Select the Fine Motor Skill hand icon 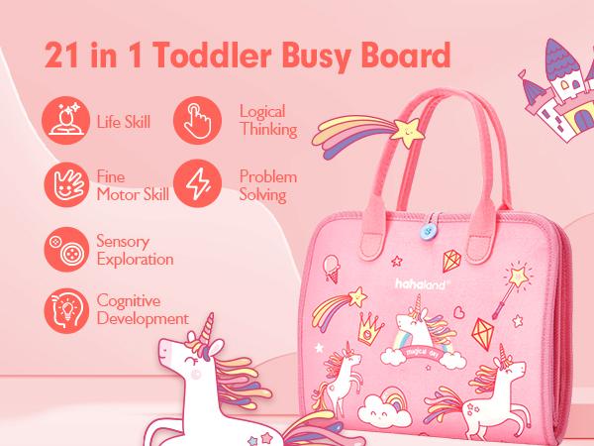click(63, 183)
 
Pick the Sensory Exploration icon click(63, 248)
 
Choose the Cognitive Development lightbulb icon click(63, 309)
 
